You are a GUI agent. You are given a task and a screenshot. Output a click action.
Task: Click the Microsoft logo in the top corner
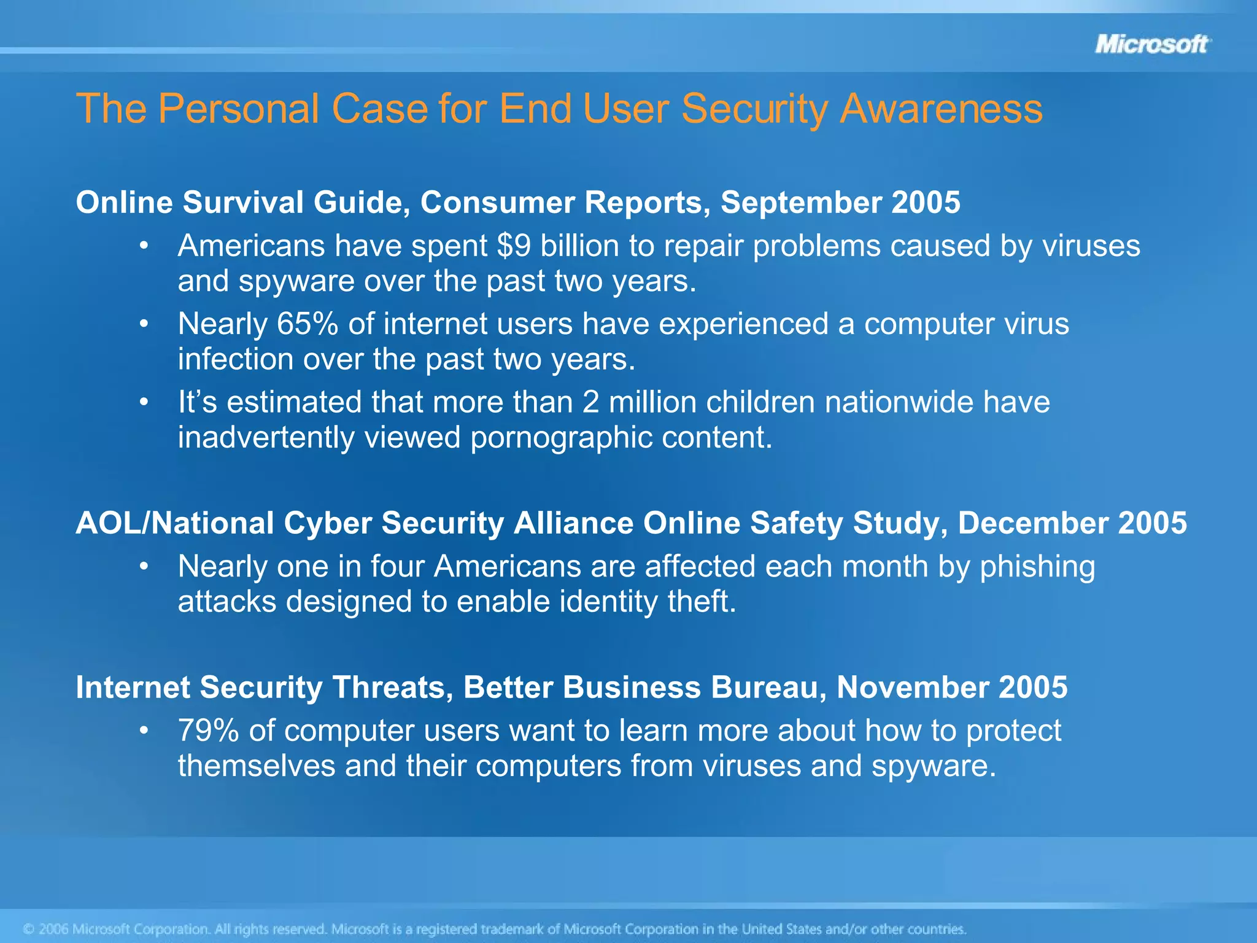pos(1151,44)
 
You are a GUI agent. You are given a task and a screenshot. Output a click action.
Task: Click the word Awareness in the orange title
pos(941,109)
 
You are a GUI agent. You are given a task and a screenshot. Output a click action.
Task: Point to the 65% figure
pos(307,324)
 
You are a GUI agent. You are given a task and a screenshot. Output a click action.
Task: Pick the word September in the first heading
pos(800,202)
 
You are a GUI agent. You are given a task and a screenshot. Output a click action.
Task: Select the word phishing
pos(1037,567)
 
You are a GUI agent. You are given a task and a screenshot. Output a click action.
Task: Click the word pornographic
pos(560,437)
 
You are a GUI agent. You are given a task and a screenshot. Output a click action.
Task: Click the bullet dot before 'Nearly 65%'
pos(144,324)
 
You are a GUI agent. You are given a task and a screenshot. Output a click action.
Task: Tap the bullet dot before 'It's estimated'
pos(144,402)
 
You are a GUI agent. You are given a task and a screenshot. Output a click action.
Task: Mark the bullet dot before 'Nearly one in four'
pos(144,566)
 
